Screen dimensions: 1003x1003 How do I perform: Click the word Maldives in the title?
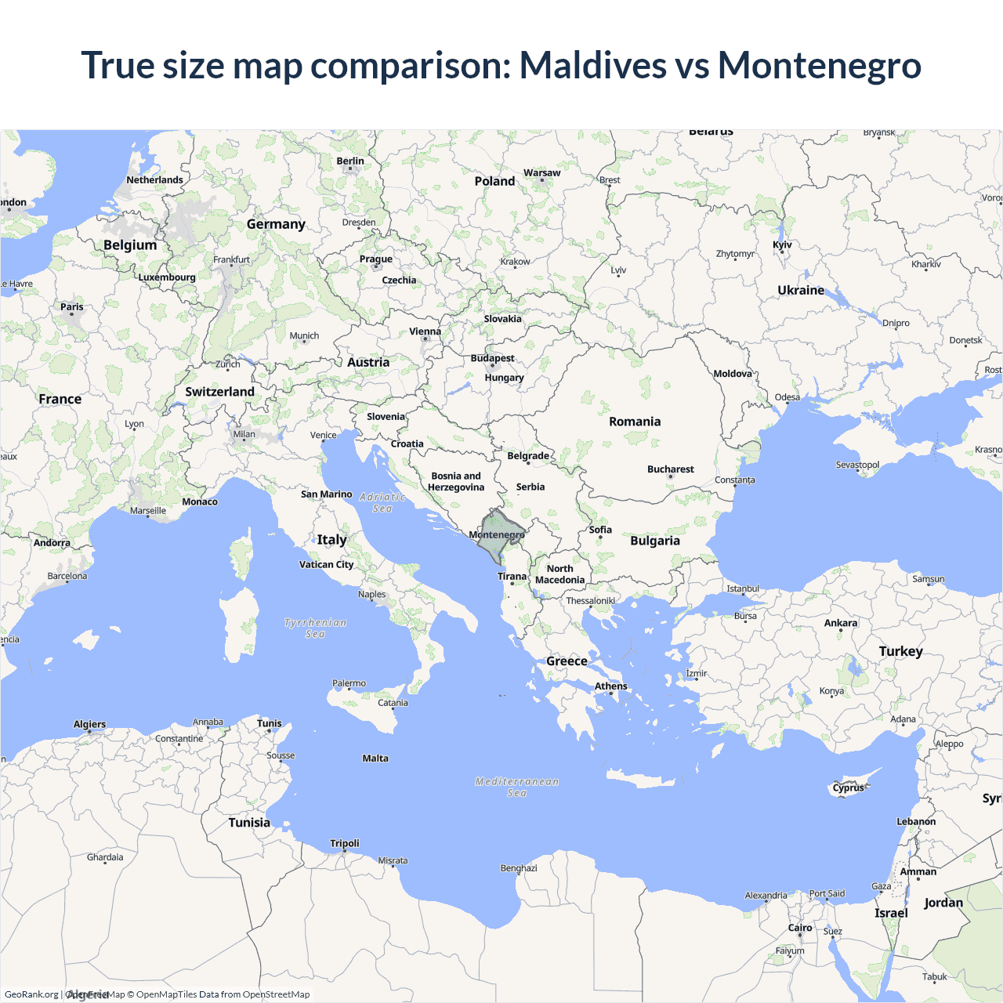click(592, 65)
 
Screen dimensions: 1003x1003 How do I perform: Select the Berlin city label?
click(350, 161)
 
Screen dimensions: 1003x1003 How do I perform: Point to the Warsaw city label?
click(542, 172)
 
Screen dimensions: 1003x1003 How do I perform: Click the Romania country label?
click(635, 422)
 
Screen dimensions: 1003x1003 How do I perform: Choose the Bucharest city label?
click(671, 469)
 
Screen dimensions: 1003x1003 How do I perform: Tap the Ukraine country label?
click(801, 290)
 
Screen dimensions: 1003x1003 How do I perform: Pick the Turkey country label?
click(901, 651)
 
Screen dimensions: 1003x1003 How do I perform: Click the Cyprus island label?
click(849, 788)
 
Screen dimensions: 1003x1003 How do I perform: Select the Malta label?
click(375, 758)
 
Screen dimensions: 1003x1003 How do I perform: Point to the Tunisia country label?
click(249, 822)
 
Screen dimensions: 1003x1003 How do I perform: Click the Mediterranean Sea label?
click(517, 787)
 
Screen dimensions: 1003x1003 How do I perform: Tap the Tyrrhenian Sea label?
click(315, 628)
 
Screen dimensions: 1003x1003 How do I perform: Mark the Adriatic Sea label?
click(382, 502)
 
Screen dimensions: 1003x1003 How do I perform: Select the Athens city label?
click(610, 686)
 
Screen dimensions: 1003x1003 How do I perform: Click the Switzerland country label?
click(219, 392)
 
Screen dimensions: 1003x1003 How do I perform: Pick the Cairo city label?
click(800, 927)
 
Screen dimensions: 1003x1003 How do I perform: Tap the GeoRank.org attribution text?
click(31, 994)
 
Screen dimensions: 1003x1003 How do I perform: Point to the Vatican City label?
click(326, 564)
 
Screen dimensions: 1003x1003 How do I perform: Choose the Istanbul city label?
click(743, 588)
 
